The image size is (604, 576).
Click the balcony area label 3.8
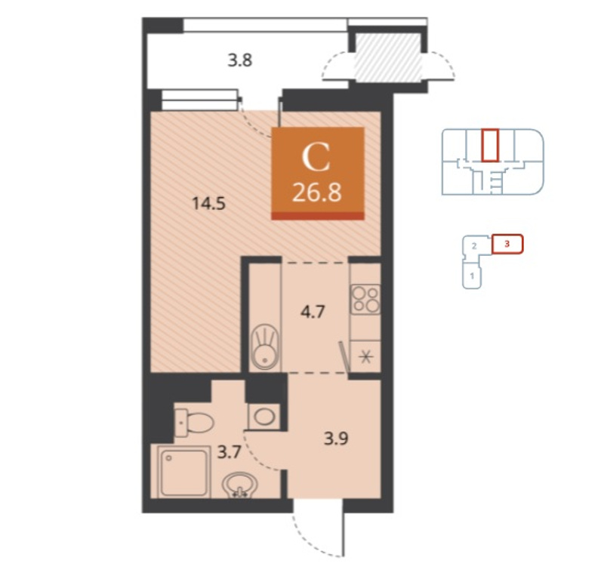[239, 60]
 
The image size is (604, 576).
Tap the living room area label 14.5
[208, 203]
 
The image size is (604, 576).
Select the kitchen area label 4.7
[313, 311]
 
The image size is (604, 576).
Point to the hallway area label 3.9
[336, 439]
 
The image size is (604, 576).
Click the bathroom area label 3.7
[230, 452]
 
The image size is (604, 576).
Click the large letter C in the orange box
[316, 158]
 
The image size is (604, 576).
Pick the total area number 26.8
[316, 193]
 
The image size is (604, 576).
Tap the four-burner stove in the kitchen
[365, 300]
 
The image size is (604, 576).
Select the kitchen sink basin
[265, 347]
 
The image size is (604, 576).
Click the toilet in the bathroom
[194, 423]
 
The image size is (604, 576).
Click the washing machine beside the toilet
[263, 417]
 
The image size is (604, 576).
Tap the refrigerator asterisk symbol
[365, 358]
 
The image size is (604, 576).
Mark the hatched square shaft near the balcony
[387, 57]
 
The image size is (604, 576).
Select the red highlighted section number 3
[507, 244]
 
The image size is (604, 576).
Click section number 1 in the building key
[471, 276]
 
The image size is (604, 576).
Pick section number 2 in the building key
[475, 246]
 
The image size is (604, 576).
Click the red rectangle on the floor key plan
[490, 145]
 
